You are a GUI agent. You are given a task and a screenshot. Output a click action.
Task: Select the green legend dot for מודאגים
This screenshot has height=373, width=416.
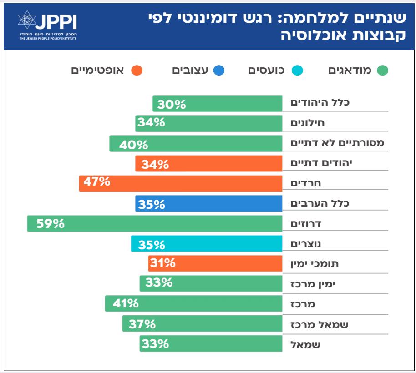383,71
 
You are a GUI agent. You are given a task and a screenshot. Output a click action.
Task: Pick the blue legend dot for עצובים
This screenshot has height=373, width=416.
219,71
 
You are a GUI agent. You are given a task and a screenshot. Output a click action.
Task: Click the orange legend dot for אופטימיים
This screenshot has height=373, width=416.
136,71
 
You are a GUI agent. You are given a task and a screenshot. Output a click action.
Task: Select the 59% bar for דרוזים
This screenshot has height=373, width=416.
155,224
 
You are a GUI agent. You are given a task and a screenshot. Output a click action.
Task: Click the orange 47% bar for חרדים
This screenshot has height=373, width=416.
181,183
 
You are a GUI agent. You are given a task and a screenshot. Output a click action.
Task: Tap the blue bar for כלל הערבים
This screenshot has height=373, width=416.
209,204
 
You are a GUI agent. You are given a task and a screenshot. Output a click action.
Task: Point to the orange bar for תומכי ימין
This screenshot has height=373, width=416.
215,264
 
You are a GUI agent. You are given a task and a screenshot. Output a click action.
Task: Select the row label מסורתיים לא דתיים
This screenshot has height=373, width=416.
337,143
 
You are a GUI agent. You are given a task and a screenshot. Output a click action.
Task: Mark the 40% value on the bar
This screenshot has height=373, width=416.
133,145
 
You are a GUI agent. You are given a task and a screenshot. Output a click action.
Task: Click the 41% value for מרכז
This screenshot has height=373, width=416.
126,303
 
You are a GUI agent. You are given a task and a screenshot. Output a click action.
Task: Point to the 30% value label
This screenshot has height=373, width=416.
172,105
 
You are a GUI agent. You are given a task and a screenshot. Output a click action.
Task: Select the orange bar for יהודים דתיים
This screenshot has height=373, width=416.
209,163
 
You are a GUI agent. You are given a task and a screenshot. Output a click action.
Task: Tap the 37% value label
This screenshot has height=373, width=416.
142,324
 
